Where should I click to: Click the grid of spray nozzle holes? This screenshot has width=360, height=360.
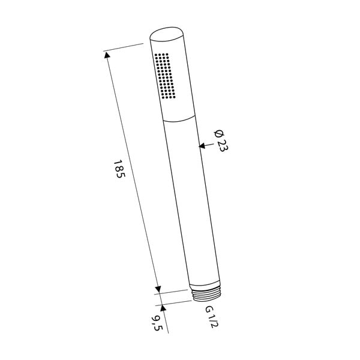[x=164, y=75]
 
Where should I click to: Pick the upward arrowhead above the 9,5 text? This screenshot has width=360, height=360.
[x=163, y=307]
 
